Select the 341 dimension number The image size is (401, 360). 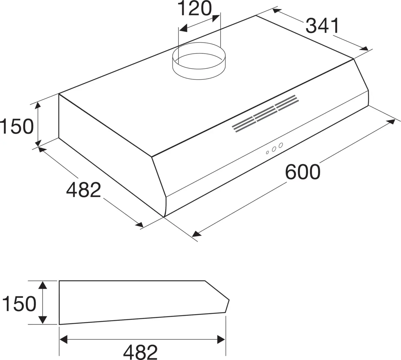click(x=322, y=26)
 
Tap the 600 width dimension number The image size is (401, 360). click(x=303, y=172)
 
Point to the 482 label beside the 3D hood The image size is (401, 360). click(x=84, y=190)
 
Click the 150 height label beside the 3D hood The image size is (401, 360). click(x=17, y=127)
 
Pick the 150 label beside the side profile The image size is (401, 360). click(x=19, y=304)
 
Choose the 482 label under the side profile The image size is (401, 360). click(x=140, y=352)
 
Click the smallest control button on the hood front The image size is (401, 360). click(x=267, y=153)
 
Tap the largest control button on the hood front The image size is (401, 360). click(x=281, y=145)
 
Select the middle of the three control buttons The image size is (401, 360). click(x=274, y=149)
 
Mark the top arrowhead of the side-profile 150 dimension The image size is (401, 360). click(x=42, y=285)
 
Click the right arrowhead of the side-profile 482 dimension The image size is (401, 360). click(x=221, y=340)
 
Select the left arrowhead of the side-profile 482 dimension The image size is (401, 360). click(x=63, y=340)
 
